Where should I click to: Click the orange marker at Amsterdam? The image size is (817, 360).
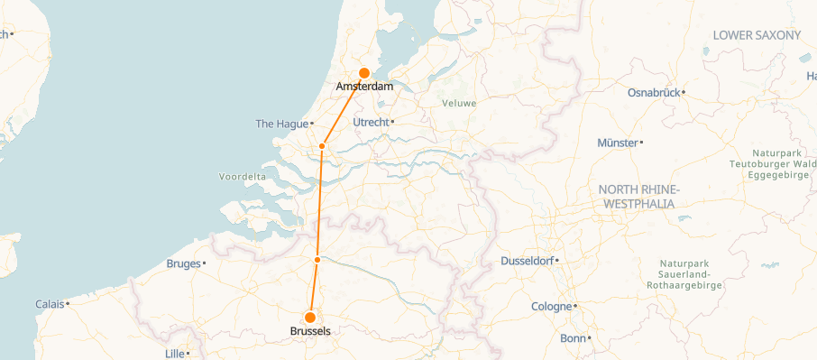(364, 73)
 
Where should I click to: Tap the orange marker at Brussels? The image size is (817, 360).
(309, 318)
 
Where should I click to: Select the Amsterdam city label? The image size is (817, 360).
(364, 87)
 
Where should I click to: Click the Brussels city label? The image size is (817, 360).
(309, 331)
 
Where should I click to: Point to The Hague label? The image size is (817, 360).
(281, 124)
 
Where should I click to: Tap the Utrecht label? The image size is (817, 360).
(371, 122)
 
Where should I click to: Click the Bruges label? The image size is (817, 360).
(184, 263)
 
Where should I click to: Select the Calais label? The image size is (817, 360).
(50, 304)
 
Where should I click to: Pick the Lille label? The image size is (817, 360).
(174, 353)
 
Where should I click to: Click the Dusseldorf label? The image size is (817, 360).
(528, 261)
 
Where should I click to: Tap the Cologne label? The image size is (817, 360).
(551, 306)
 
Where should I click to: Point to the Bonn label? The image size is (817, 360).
(573, 338)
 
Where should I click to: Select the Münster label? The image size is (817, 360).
(617, 143)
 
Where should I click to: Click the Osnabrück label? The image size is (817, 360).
(654, 91)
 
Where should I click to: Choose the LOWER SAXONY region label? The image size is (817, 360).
(757, 35)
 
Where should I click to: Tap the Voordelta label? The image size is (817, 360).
(242, 176)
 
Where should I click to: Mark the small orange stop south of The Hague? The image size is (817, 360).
(322, 146)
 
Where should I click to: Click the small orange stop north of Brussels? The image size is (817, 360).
(317, 260)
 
